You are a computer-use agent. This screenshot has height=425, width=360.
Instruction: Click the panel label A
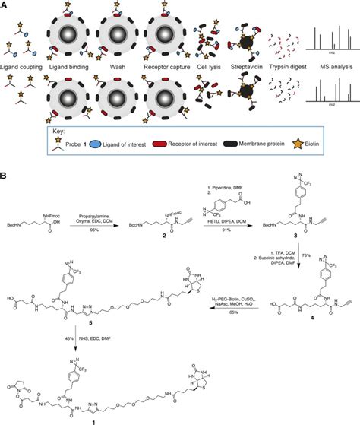[5, 5]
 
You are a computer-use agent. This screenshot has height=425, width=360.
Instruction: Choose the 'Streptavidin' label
[245, 68]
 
